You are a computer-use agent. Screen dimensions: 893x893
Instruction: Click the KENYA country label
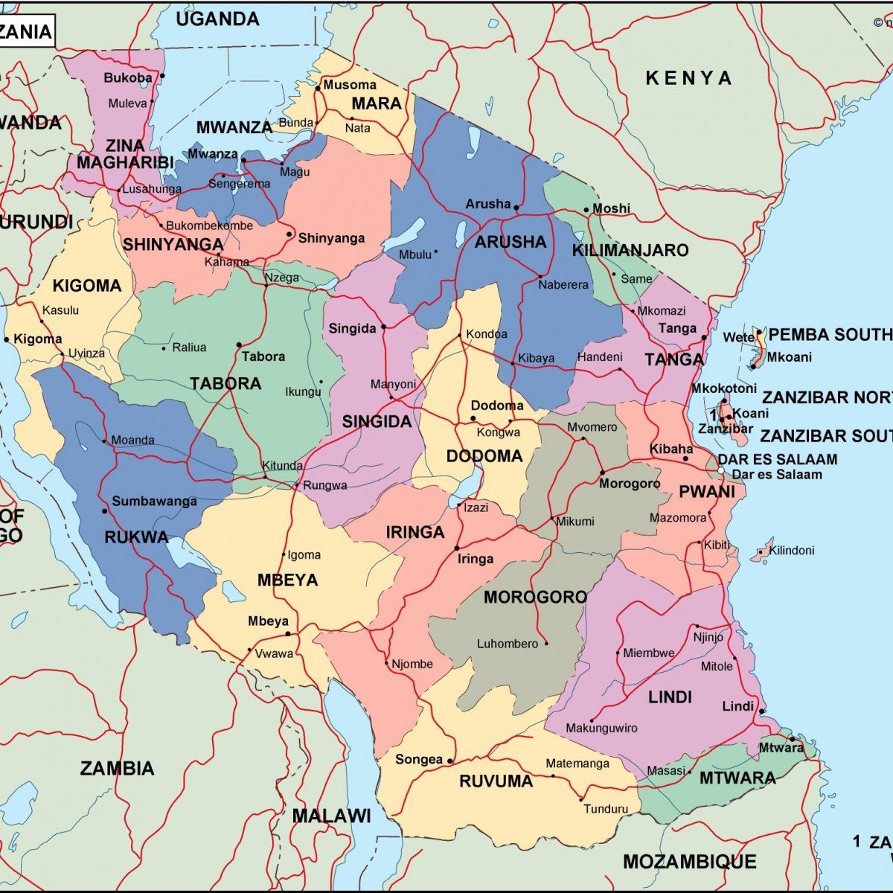coord(688,78)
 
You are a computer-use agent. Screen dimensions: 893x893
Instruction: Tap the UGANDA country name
coord(217,19)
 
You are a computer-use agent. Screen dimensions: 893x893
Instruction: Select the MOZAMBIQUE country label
coord(689,862)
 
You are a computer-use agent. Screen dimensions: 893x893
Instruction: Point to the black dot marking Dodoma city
coord(473,418)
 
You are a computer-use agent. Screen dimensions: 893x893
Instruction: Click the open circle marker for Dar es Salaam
coord(721,471)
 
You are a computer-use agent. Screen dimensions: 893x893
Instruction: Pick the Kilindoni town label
coord(792,551)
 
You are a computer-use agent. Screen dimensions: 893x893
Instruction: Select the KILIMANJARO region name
coord(630,251)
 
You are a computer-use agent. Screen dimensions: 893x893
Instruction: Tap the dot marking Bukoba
coord(162,76)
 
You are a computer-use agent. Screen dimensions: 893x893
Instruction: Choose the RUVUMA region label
coord(496,781)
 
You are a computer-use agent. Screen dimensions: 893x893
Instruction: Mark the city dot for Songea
coord(450,760)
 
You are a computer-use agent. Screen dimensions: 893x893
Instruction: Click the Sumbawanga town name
coord(154,501)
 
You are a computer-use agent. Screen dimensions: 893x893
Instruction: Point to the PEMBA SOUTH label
coord(829,335)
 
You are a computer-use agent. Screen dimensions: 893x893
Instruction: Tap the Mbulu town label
coord(415,255)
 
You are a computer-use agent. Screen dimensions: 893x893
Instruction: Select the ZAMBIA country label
coord(118,769)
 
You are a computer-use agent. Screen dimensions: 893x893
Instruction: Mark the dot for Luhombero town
coord(546,644)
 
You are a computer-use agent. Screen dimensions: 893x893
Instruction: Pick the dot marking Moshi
coord(586,210)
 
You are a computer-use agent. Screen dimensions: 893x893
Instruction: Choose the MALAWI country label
coord(331,816)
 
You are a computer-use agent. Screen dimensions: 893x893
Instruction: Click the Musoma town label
coord(350,85)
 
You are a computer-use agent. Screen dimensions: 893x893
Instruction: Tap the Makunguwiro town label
coord(601,728)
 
